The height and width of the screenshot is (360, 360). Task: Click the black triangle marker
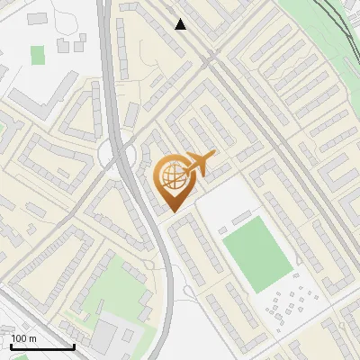(181, 24)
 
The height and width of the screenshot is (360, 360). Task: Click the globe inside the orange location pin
(172, 176)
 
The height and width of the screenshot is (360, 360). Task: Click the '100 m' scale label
(23, 338)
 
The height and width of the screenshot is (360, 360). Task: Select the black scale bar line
(41, 346)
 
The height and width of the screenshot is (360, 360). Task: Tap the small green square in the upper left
(37, 55)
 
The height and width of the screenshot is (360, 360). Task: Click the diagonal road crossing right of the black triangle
(213, 58)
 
